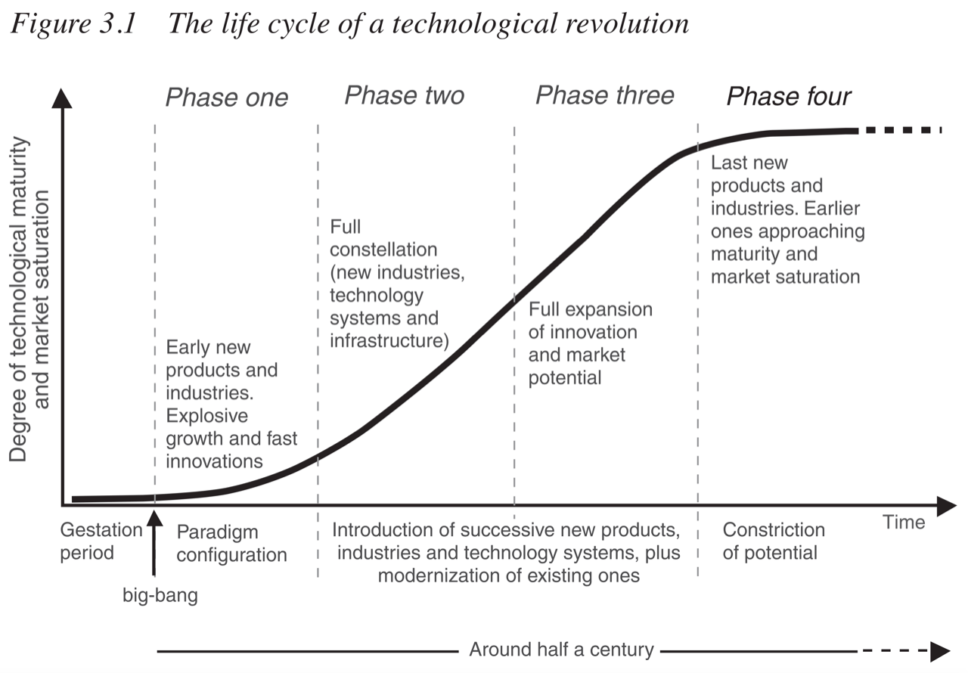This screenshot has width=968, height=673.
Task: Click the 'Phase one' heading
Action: (x=227, y=98)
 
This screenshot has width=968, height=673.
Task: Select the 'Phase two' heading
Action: (x=405, y=95)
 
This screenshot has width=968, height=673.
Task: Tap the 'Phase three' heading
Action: (x=605, y=95)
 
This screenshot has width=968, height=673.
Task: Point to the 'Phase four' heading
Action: (x=789, y=97)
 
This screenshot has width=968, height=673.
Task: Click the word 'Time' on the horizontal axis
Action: (x=904, y=523)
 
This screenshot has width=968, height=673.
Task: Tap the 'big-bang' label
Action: (x=160, y=595)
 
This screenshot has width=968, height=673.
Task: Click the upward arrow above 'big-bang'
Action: (x=154, y=541)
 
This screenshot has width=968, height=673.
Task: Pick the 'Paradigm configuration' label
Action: (x=231, y=544)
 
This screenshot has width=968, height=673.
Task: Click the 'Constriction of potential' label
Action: (x=773, y=541)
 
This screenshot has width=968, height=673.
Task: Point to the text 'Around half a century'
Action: (x=561, y=650)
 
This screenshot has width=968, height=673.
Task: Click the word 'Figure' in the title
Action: (x=45, y=24)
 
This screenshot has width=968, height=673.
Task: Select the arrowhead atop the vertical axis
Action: (x=63, y=98)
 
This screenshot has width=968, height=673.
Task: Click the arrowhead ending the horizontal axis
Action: (x=946, y=505)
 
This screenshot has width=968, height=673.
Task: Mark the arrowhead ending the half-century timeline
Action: (x=940, y=650)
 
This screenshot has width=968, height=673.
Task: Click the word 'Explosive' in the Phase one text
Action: (x=207, y=416)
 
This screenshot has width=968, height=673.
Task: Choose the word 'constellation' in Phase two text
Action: (x=383, y=250)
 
